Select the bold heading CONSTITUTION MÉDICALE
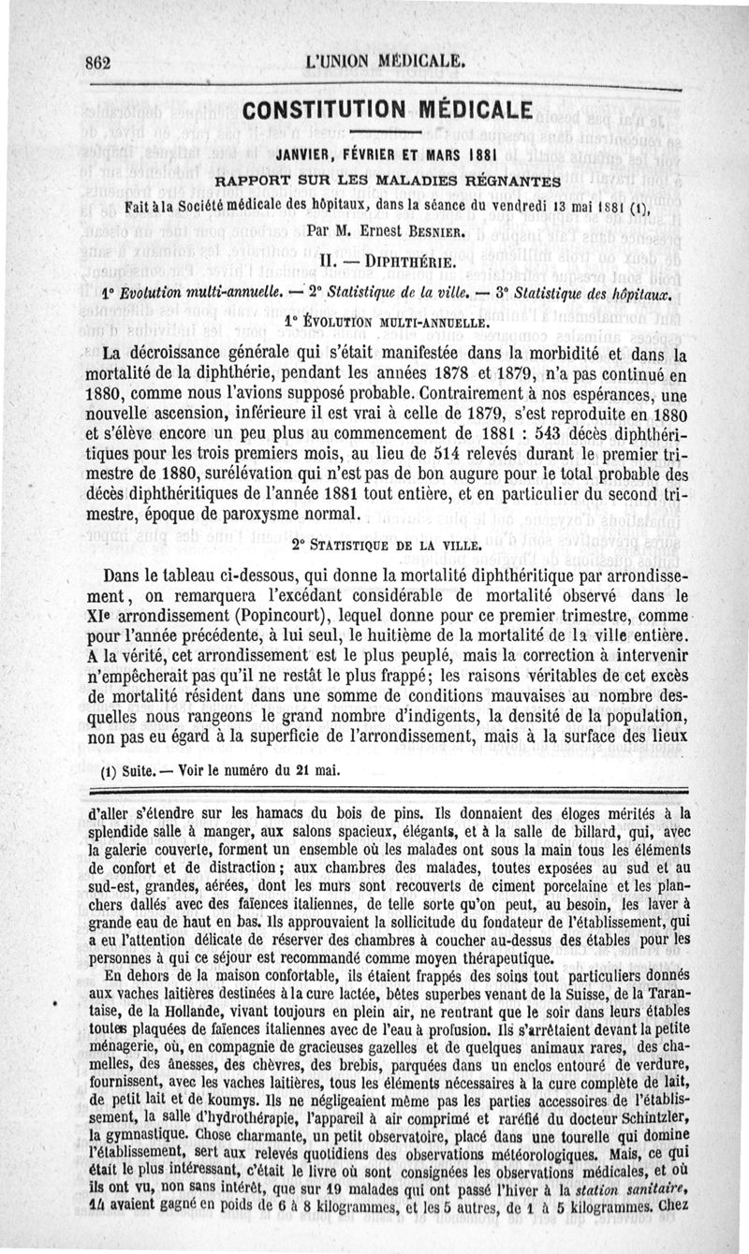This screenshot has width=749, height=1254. [x=388, y=109]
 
